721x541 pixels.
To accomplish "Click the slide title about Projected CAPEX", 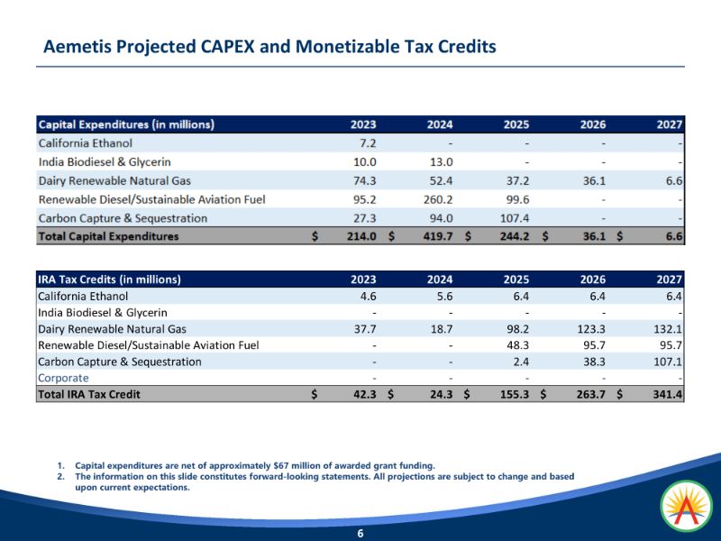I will (270, 46).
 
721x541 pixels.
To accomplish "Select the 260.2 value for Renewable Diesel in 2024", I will (438, 199).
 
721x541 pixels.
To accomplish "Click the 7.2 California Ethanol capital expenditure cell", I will (368, 143).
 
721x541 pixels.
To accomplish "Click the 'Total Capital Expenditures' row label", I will (108, 236).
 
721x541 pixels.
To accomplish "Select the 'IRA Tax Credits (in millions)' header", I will (110, 279).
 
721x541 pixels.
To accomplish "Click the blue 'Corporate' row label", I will (63, 378).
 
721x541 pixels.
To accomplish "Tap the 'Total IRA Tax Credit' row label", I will (89, 394).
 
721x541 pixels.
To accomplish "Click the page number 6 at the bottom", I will (360, 534).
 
